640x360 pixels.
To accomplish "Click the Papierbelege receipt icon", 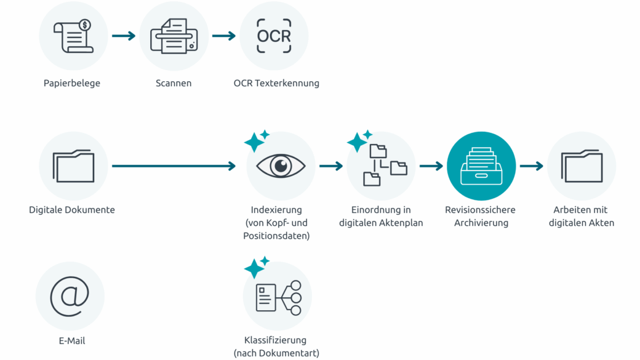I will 73,36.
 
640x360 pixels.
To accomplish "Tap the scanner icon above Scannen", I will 174,36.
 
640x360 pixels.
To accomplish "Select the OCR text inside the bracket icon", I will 274,36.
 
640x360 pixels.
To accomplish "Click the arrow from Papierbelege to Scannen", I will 124,36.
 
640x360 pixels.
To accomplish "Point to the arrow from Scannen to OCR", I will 224,36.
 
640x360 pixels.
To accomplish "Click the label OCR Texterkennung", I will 276,83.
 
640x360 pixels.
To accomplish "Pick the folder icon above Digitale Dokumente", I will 73,166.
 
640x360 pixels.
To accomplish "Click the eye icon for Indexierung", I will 281,166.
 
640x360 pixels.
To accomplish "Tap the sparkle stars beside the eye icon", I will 257,141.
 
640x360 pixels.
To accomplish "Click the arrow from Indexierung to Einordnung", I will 331,166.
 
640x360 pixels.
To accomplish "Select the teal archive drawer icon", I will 481,166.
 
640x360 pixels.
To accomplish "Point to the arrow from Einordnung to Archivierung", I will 431,166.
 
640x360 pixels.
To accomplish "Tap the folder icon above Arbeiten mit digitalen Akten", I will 582,166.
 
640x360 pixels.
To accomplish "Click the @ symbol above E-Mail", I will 70,296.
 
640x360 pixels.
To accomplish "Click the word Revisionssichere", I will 480,210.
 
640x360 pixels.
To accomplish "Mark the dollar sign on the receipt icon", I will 85,25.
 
